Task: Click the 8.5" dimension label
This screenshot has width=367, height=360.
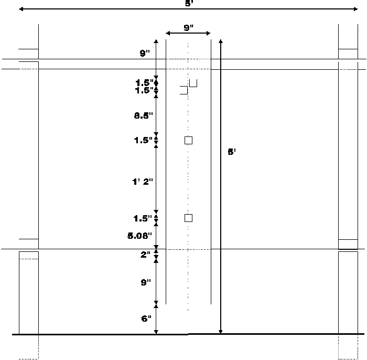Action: (144, 115)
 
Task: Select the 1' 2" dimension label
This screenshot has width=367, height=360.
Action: (143, 182)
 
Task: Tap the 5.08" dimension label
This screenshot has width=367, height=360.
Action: (140, 236)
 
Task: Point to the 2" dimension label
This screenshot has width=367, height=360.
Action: (145, 255)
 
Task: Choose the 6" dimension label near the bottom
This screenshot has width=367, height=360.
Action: (146, 319)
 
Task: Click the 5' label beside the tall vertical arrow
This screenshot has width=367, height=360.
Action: (232, 152)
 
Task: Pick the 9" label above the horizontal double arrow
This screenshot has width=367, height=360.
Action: (189, 28)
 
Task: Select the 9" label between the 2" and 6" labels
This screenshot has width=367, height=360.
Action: (146, 282)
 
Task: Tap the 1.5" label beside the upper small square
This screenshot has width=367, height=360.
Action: (143, 140)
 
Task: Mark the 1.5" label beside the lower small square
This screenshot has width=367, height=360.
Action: (143, 218)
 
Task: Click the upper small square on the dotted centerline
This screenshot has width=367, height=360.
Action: (188, 140)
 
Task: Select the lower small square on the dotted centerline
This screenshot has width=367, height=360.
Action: (188, 218)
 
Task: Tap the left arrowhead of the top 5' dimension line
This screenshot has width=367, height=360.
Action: (21, 9)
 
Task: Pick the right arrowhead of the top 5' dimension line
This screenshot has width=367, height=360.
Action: (355, 9)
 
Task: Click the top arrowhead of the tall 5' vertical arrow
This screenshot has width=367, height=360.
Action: (221, 41)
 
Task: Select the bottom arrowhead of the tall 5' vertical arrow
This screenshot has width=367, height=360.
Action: (221, 331)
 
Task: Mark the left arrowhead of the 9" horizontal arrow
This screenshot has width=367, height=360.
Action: (168, 33)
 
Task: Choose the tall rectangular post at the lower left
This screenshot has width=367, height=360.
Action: (29, 293)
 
